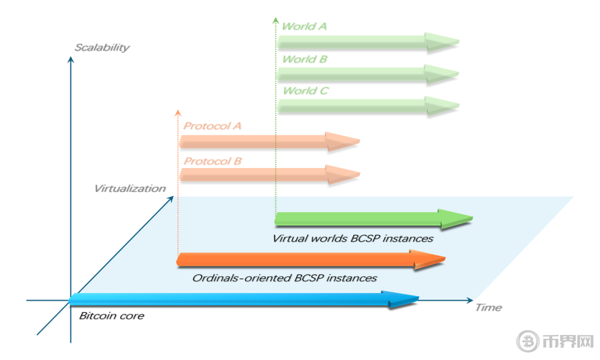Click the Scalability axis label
(x=102, y=47)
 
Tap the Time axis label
(x=488, y=308)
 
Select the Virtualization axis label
(x=130, y=189)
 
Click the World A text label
(x=304, y=26)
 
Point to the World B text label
(x=305, y=59)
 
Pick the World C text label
(x=306, y=91)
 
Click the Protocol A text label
(x=212, y=126)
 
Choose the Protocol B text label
(x=212, y=161)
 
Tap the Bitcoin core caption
(x=111, y=316)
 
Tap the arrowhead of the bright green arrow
(x=456, y=219)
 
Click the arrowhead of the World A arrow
(x=442, y=42)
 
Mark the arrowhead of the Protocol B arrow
(x=343, y=174)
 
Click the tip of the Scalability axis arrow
(x=70, y=57)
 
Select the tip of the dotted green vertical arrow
(x=276, y=17)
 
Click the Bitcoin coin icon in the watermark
(x=528, y=341)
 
